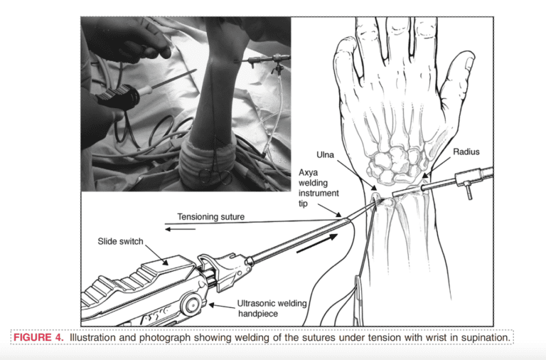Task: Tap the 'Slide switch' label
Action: click(x=121, y=242)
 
